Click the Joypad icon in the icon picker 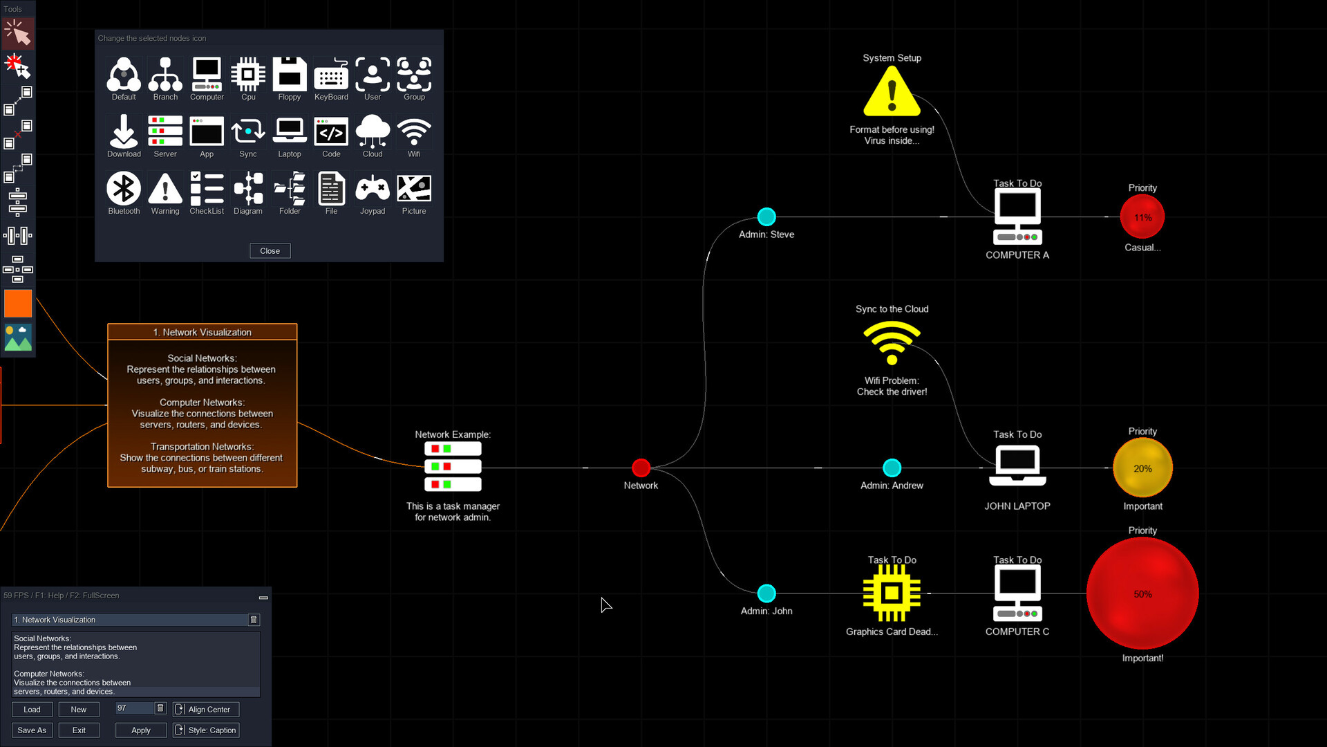coord(372,189)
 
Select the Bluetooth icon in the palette coord(124,189)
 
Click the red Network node coord(641,468)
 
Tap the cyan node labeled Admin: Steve coord(766,216)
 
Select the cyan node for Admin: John coord(766,593)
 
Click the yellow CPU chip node coord(892,593)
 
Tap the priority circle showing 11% coord(1142,217)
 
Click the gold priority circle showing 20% coord(1142,468)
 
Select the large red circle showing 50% coord(1142,593)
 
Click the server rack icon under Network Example coord(453,467)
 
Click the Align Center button coord(206,709)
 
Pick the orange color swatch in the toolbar coord(18,303)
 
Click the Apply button coord(140,730)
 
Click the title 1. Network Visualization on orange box coord(202,332)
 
